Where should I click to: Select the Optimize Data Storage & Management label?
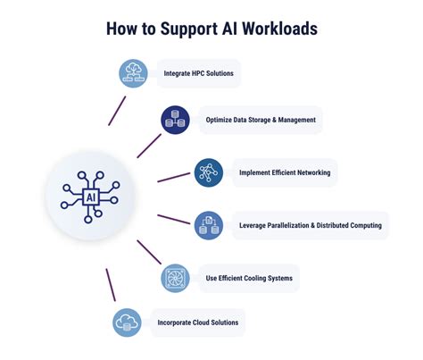click(x=261, y=120)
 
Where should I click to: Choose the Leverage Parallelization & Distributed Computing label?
click(x=310, y=225)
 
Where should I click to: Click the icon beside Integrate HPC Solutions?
click(x=133, y=71)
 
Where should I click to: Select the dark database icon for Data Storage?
click(x=175, y=120)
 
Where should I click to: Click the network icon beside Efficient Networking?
click(x=209, y=172)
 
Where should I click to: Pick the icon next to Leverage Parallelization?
click(x=208, y=225)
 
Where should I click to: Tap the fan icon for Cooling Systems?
click(x=175, y=278)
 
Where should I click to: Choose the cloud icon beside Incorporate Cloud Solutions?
click(x=127, y=322)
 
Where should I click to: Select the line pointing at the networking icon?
click(x=173, y=177)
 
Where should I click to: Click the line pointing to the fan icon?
click(x=147, y=251)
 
